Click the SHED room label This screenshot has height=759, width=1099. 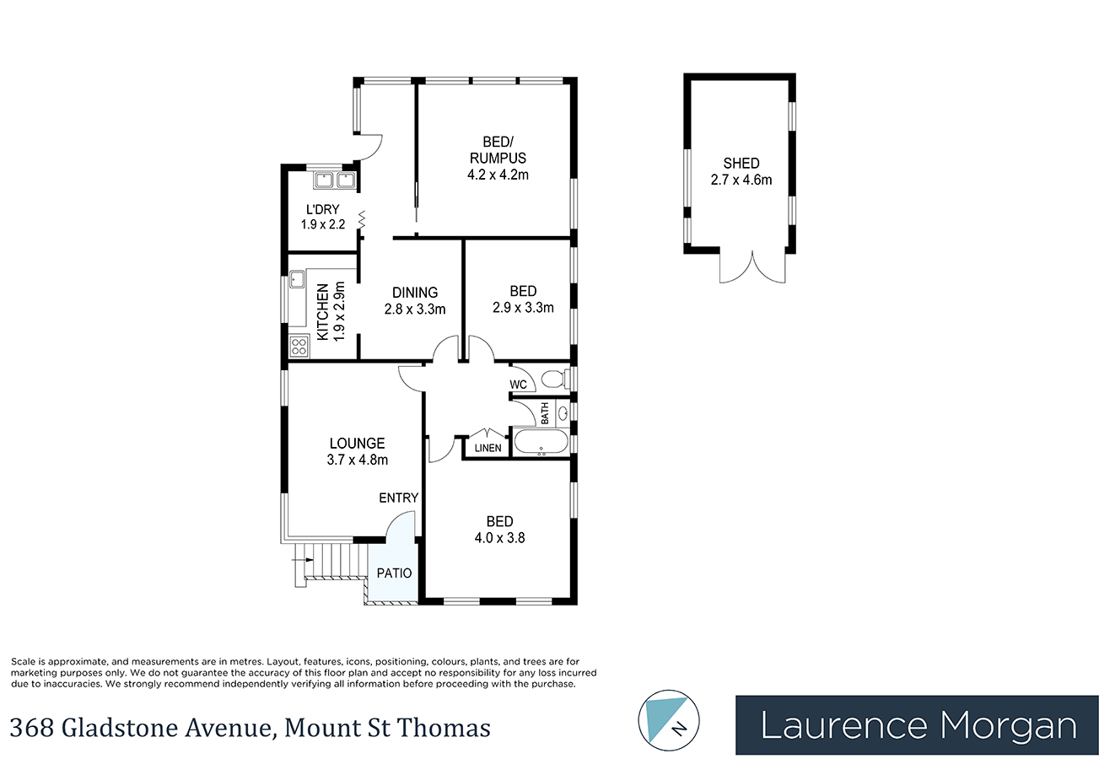741,164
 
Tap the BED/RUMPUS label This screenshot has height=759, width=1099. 497,150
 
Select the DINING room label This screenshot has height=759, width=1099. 414,293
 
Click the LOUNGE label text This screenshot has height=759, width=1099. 357,444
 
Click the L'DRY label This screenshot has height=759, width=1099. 322,209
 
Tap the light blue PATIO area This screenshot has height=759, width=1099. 393,574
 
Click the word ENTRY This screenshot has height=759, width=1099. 398,498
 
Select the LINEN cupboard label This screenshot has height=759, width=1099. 488,448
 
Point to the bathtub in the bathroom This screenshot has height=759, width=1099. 541,443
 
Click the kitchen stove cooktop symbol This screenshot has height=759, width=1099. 299,345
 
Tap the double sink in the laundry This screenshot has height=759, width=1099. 335,179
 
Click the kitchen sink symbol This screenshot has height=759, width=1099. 297,279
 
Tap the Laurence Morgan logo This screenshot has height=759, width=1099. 917,725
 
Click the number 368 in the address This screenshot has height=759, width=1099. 30,727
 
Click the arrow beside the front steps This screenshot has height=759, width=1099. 299,558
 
